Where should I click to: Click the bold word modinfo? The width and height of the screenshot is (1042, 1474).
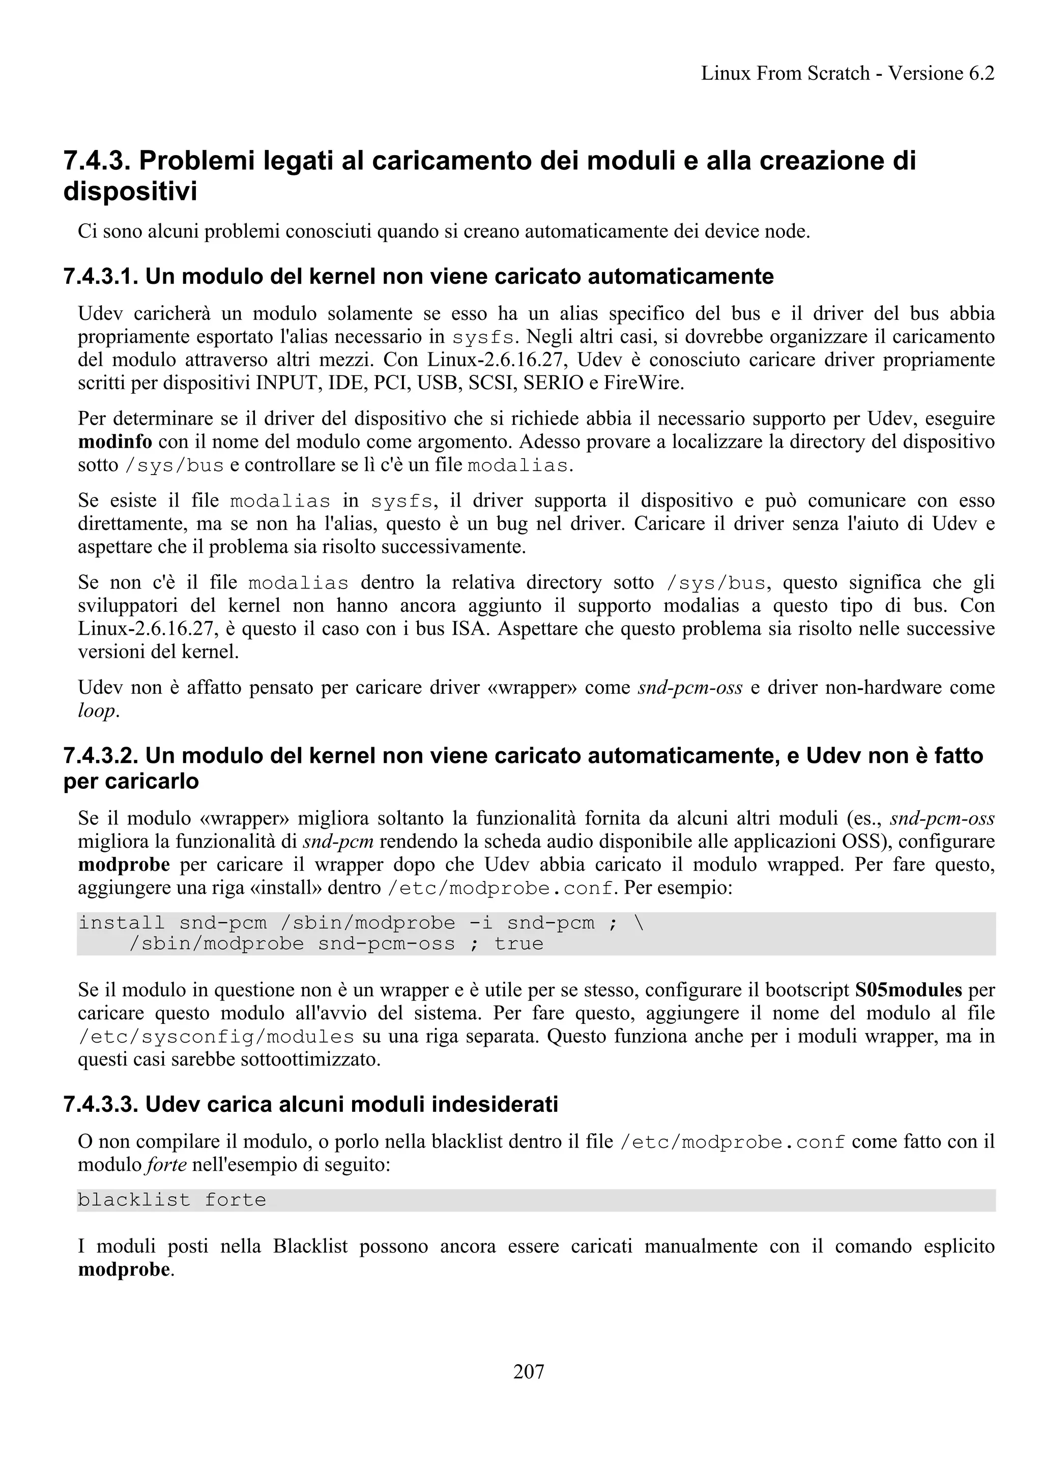coord(115,441)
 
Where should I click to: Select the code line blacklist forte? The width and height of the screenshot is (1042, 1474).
coord(171,1200)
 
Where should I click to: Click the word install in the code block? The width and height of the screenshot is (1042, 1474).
coord(121,923)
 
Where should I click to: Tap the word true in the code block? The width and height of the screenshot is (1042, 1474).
coord(519,944)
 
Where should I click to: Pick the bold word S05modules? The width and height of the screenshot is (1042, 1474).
coord(908,990)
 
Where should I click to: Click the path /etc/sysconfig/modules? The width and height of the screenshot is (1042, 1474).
coord(216,1037)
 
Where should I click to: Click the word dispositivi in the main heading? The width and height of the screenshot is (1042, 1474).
coord(130,192)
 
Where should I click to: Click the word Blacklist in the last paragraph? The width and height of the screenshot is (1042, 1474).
coord(310,1246)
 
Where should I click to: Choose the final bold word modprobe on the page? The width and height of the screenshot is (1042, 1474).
coord(124,1269)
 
